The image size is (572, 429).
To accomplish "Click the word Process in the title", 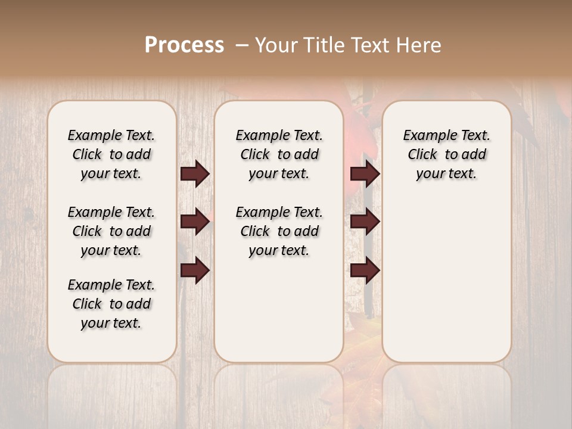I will [184, 45].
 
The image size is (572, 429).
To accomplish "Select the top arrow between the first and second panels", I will [195, 173].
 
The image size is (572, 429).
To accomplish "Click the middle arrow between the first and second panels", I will [195, 222].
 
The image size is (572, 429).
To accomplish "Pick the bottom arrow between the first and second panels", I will [195, 271].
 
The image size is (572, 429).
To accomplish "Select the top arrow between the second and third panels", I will [365, 173].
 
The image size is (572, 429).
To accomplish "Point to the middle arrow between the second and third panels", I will [365, 222].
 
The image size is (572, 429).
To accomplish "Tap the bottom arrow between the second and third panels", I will [365, 271].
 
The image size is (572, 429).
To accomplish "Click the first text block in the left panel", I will [111, 154].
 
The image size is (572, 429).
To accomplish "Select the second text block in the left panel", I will [111, 231].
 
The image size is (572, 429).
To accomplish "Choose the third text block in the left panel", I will [111, 304].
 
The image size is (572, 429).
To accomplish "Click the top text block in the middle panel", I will [279, 154].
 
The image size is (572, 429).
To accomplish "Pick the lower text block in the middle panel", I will [279, 231].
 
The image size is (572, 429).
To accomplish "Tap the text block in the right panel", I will [447, 154].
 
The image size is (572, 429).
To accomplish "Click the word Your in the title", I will [276, 45].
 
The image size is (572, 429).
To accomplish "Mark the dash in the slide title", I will [242, 45].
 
